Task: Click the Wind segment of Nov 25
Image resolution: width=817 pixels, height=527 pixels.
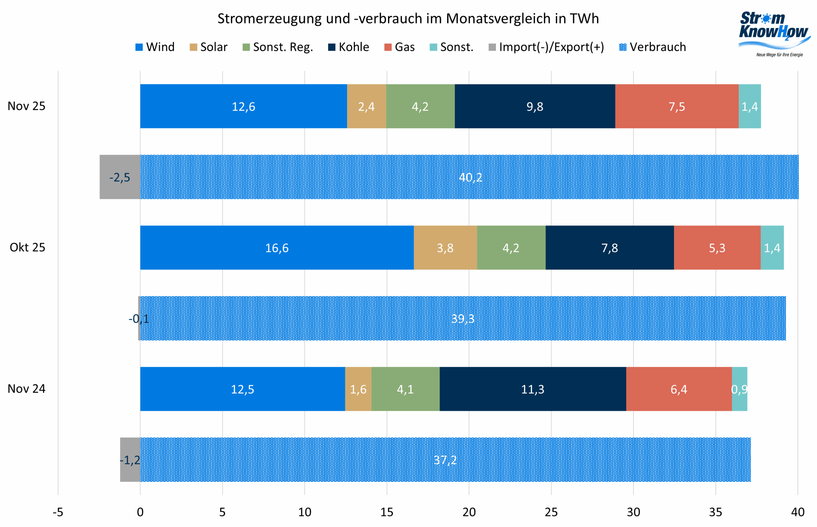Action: [x=243, y=106]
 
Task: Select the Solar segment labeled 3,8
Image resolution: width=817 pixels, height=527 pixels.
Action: [x=445, y=248]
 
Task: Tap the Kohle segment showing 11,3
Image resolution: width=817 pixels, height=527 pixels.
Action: [x=532, y=389]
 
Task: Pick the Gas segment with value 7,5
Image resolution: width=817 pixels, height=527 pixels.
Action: [x=677, y=106]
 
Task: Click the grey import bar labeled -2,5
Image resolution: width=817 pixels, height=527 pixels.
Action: [x=120, y=177]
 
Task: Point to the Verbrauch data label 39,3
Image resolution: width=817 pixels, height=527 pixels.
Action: [x=463, y=318]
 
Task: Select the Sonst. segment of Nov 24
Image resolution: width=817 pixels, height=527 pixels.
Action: [x=739, y=389]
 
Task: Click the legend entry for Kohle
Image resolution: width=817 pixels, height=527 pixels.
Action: [x=349, y=47]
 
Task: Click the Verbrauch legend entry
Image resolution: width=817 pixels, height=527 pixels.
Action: [x=652, y=47]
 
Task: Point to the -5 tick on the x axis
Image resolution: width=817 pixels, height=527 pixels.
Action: [x=57, y=512]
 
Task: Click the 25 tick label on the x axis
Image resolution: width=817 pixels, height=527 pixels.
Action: [x=551, y=512]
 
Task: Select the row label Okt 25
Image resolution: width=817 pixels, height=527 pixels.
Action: [x=27, y=247]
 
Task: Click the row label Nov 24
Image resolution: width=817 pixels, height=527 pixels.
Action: [x=26, y=389]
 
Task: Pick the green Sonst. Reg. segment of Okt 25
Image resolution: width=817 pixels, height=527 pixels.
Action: [x=511, y=248]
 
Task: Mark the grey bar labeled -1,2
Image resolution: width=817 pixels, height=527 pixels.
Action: [x=130, y=460]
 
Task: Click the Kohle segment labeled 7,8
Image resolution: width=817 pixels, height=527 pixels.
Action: [x=610, y=248]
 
